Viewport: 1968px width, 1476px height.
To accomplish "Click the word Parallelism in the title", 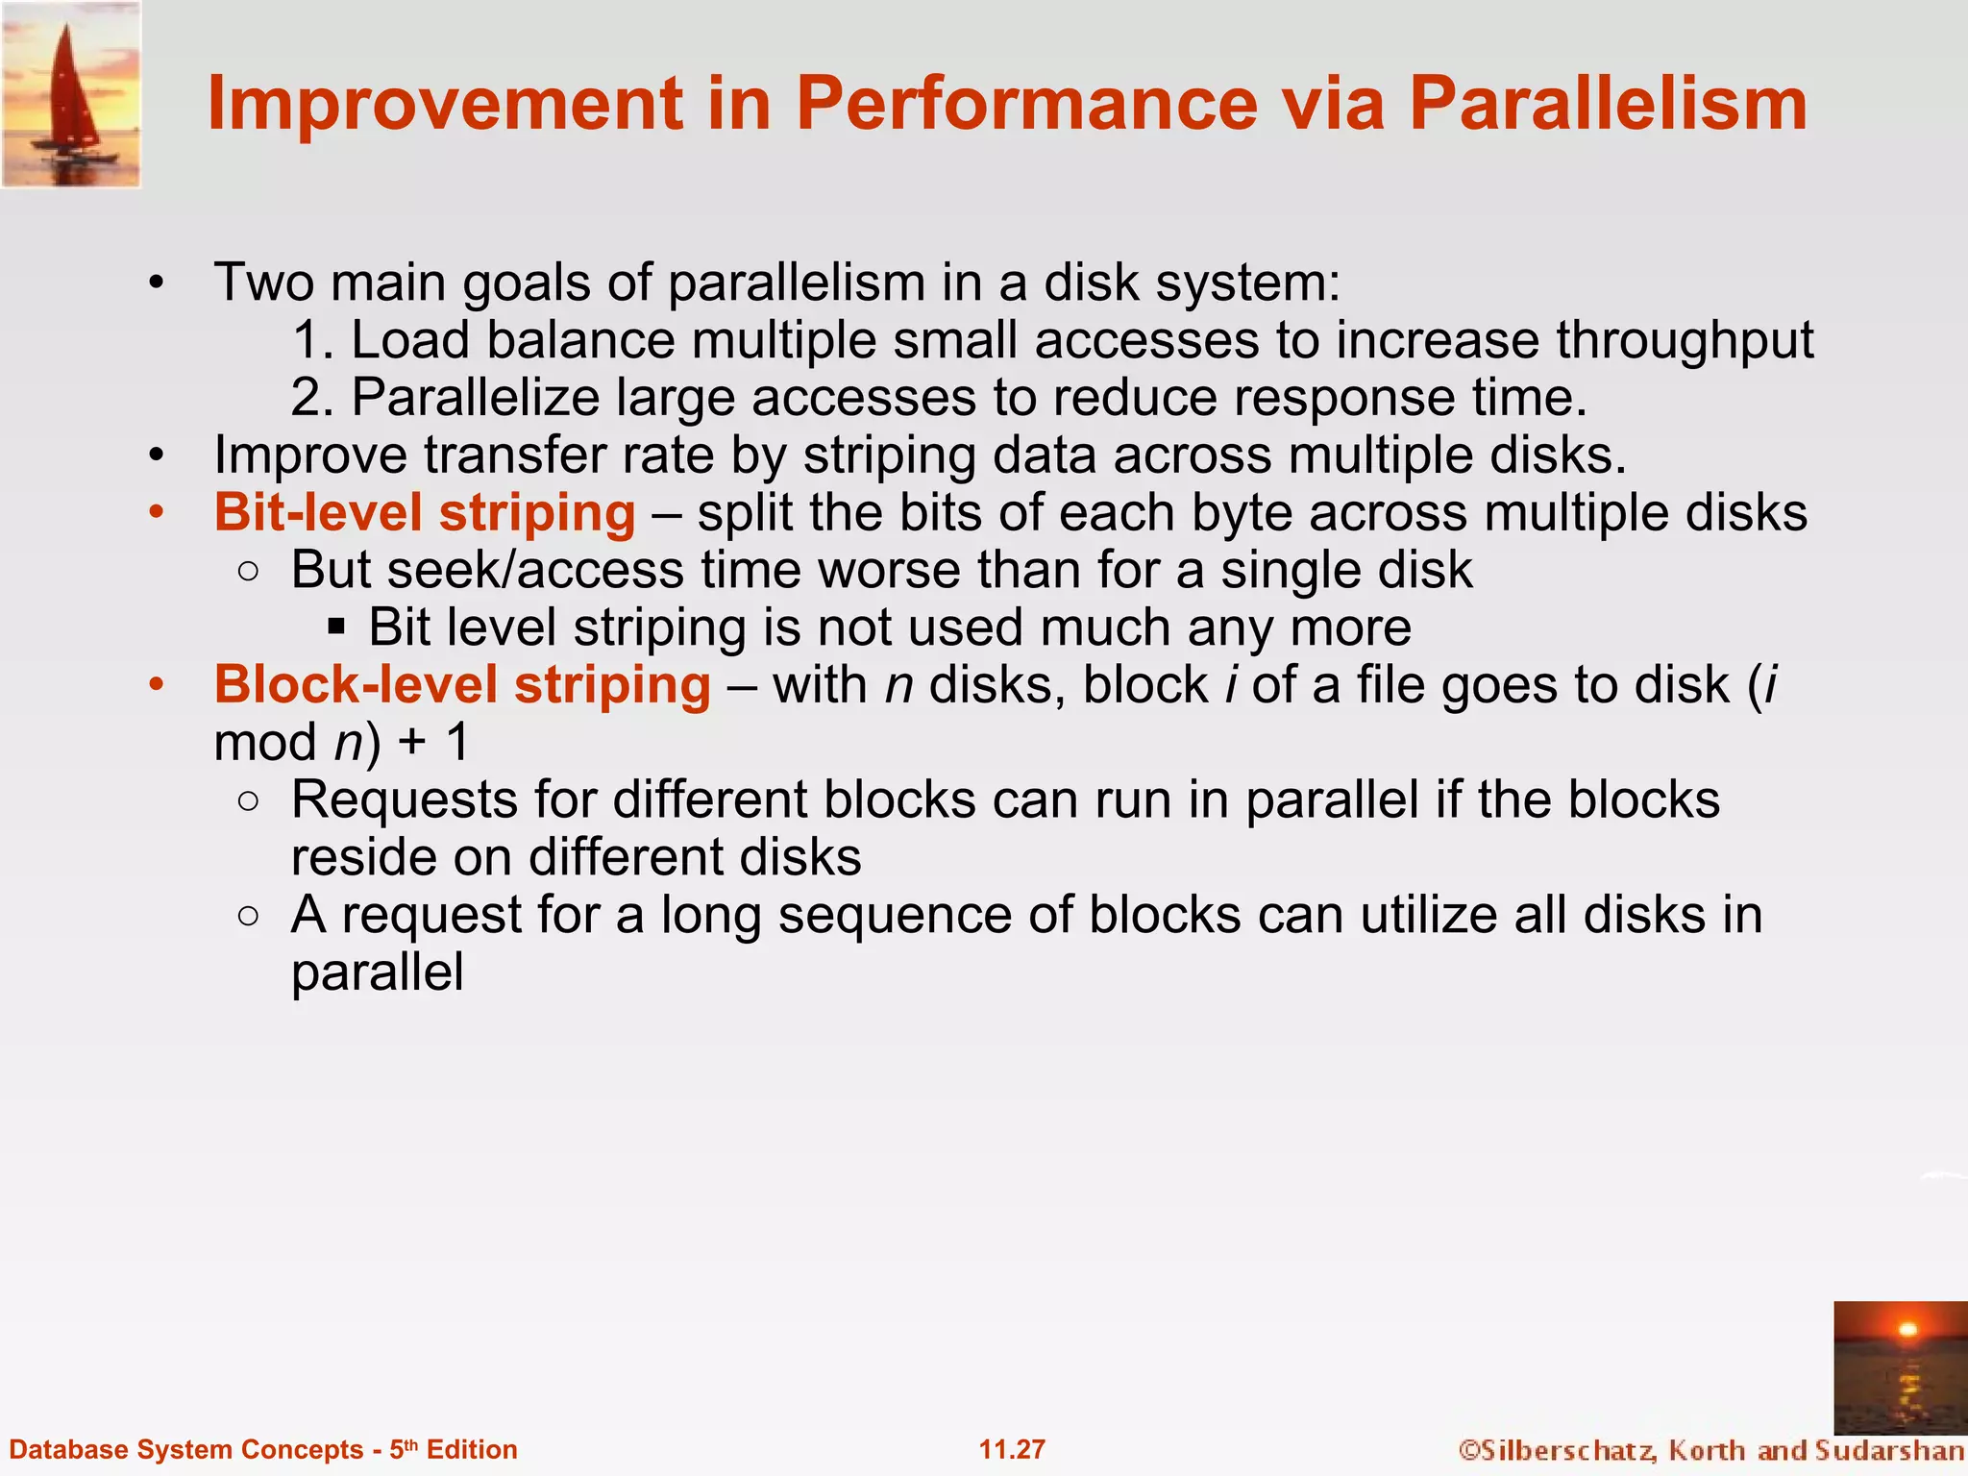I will tap(1608, 104).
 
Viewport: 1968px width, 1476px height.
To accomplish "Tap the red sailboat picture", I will tap(71, 94).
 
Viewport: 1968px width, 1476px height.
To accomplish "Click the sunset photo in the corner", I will tap(1900, 1366).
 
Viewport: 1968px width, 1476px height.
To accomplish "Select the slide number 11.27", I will tap(1012, 1449).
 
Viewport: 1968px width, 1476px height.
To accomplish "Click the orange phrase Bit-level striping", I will tap(425, 512).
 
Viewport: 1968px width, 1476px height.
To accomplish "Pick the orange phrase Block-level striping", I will tap(462, 685).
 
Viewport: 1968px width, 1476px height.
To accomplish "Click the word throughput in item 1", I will tap(1685, 340).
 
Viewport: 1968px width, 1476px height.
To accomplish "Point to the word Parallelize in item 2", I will tap(476, 398).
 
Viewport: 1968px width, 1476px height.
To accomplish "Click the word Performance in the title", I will tap(1026, 104).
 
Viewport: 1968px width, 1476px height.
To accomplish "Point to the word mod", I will tap(265, 743).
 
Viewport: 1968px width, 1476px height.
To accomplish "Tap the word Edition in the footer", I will tap(472, 1449).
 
